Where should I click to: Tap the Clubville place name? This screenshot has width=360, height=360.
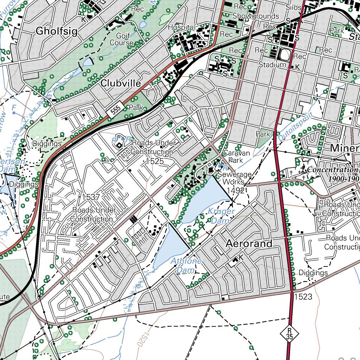(121, 83)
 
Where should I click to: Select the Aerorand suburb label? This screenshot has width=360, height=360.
(249, 243)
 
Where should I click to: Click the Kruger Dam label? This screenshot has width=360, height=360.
(221, 216)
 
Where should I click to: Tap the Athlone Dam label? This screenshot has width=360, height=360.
(186, 265)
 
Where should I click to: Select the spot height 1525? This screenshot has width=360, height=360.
(155, 161)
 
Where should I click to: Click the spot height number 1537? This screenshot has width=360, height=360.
(91, 197)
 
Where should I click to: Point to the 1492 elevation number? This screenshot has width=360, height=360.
(236, 191)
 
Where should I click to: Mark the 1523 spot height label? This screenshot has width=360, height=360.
(303, 297)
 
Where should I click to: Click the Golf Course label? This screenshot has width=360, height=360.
(122, 39)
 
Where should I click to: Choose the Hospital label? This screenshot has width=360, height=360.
(181, 27)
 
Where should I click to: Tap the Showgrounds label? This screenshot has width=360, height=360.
(256, 16)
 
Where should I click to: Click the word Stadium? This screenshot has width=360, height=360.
(272, 65)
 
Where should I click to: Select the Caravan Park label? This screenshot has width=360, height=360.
(236, 157)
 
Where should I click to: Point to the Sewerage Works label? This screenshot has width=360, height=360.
(234, 178)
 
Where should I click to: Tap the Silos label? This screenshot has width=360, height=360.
(294, 7)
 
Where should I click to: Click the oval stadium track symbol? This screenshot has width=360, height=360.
(284, 54)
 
